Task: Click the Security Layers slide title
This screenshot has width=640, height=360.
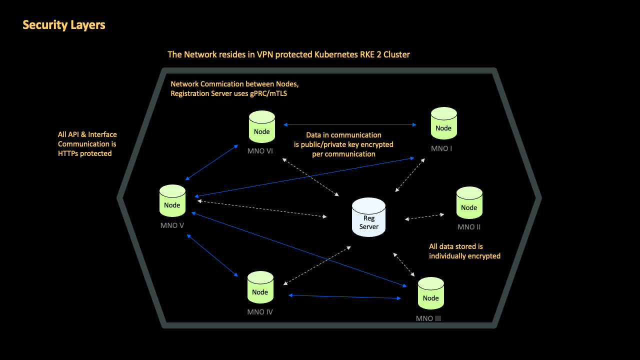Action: pyautogui.click(x=64, y=25)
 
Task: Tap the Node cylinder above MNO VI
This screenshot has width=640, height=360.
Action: pyautogui.click(x=261, y=127)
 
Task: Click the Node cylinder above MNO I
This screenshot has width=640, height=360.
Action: pyautogui.click(x=443, y=123)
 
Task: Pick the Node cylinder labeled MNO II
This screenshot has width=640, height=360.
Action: pyautogui.click(x=469, y=203)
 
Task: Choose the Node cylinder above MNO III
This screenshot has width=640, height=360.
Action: pyautogui.click(x=430, y=293)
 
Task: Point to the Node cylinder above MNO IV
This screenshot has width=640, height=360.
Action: pyautogui.click(x=260, y=287)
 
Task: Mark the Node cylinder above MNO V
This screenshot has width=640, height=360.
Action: pyautogui.click(x=172, y=201)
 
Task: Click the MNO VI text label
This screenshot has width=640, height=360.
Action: pyautogui.click(x=260, y=151)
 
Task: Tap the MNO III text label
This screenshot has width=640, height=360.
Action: pyautogui.click(x=428, y=318)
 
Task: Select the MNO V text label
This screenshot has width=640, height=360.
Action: pyautogui.click(x=172, y=225)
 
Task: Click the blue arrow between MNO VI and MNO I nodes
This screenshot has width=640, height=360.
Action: pyautogui.click(x=350, y=125)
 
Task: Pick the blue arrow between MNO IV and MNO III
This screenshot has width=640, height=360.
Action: pyautogui.click(x=345, y=297)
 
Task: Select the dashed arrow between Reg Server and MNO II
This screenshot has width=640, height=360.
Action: pyautogui.click(x=424, y=217)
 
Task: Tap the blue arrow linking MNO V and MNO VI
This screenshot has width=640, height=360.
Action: pyautogui.click(x=211, y=162)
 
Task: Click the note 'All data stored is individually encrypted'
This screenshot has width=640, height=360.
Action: pyautogui.click(x=464, y=251)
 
